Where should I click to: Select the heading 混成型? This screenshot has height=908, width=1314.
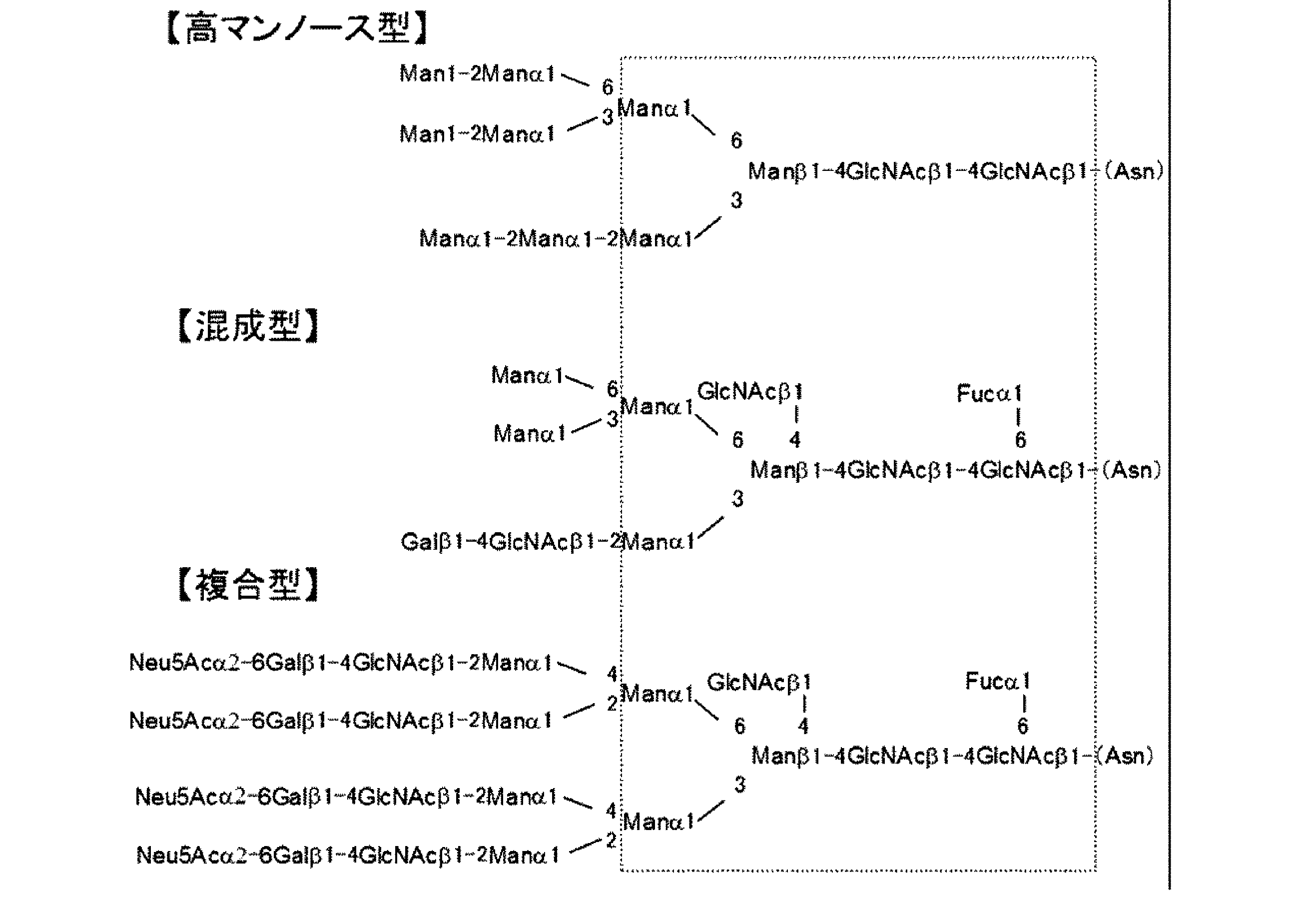[x=248, y=326]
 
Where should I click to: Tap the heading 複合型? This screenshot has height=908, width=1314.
[x=248, y=585]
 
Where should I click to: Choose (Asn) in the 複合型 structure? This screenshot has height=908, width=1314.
[x=1125, y=756]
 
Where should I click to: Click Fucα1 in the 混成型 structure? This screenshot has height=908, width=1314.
[x=989, y=394]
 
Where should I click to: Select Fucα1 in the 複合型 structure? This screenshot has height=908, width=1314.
[x=998, y=681]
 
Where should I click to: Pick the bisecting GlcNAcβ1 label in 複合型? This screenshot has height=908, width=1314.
[x=759, y=682]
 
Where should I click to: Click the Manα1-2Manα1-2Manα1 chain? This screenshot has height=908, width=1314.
[x=555, y=239]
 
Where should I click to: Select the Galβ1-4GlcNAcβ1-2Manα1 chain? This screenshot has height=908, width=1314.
[x=547, y=542]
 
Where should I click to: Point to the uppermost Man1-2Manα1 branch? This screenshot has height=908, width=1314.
[x=477, y=74]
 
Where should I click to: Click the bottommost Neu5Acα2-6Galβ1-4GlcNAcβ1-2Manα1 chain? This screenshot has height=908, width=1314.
[x=348, y=855]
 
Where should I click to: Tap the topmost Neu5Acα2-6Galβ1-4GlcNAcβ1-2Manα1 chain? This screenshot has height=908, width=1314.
[x=340, y=663]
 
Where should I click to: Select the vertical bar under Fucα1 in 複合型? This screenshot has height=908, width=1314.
[x=1024, y=704]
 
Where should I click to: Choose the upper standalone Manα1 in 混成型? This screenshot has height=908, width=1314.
[x=527, y=375]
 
